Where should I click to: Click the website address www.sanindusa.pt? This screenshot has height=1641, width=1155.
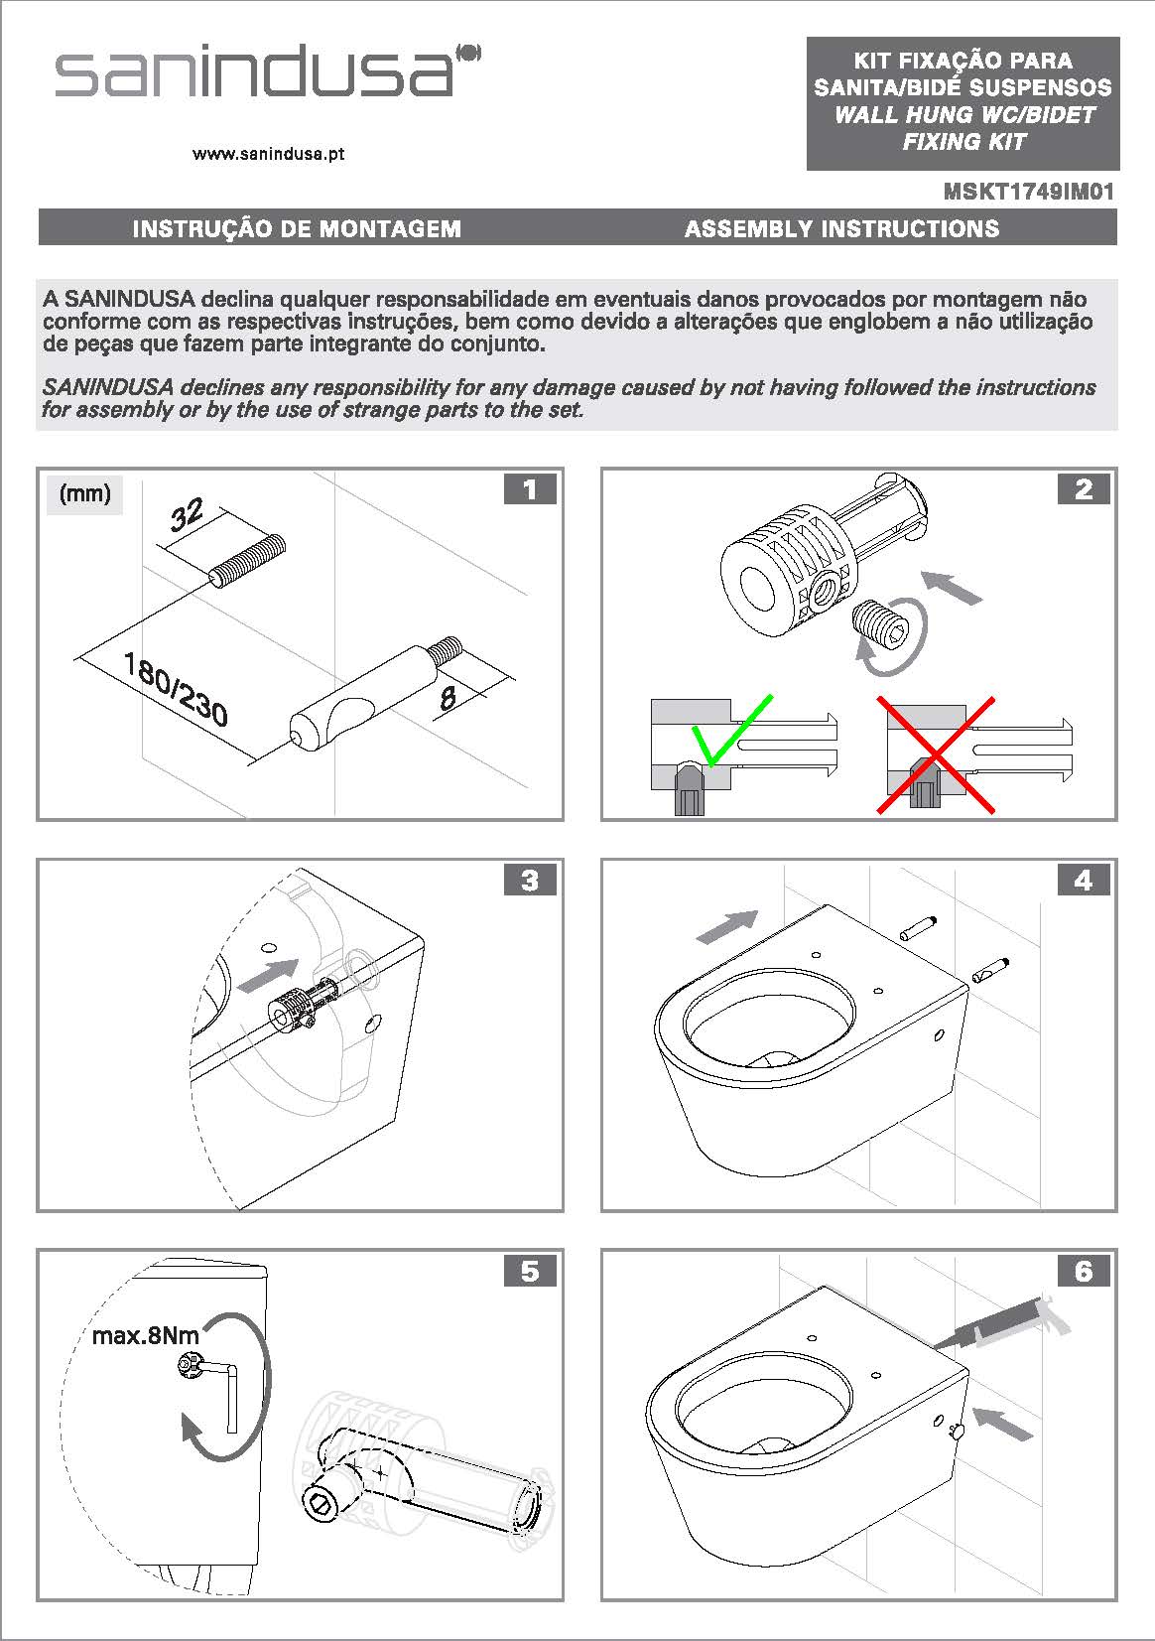point(269,155)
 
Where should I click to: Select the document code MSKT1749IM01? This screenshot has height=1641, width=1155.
point(1028,192)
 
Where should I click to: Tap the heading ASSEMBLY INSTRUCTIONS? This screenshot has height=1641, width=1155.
point(841,229)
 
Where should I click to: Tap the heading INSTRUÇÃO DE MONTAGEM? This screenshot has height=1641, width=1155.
point(297,229)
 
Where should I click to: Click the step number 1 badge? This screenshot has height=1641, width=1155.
point(529,489)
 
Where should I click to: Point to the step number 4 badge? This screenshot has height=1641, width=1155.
point(1083,881)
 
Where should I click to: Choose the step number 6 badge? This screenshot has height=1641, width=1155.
point(1083,1271)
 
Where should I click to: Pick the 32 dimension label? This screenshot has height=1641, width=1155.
point(187,515)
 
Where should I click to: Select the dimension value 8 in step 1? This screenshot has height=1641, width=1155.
point(448,698)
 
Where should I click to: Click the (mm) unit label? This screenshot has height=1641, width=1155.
point(85,493)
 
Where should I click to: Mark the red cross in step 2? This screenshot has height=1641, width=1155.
point(935,754)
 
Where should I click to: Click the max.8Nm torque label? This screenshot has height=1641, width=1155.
point(145,1335)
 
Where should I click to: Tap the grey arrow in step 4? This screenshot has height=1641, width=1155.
point(727,926)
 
